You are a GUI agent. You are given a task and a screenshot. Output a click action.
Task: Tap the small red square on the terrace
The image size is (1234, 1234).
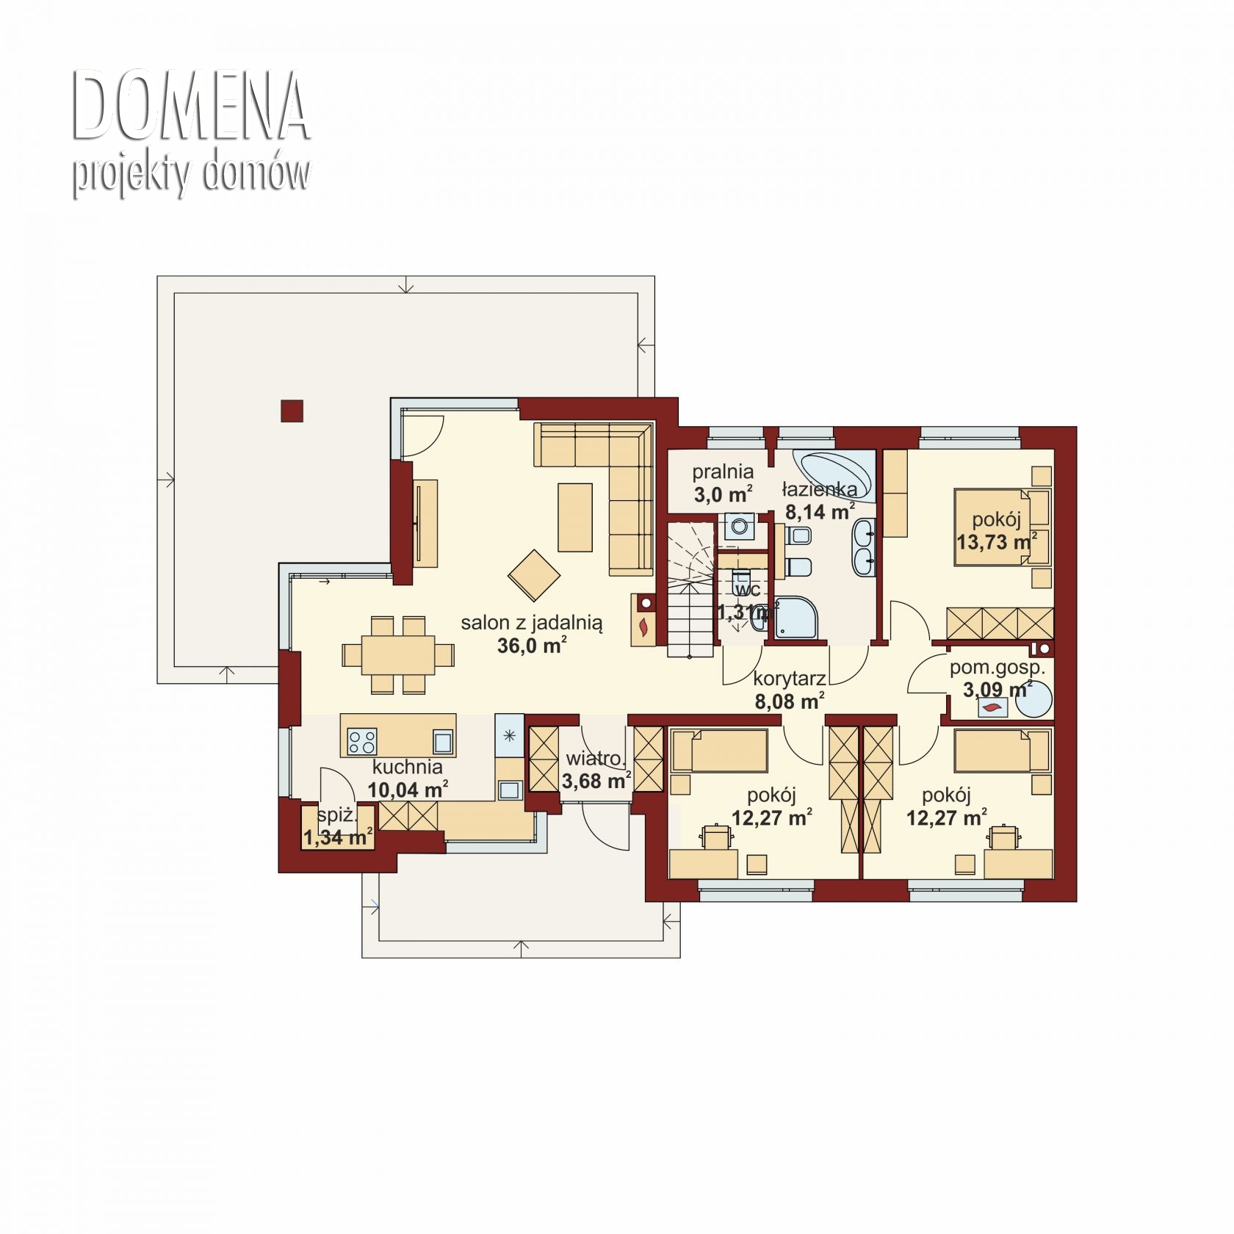[x=292, y=411]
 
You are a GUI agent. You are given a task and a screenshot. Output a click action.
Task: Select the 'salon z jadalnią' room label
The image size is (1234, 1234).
[x=532, y=623]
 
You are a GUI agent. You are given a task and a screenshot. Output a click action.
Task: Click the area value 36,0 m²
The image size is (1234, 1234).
[x=532, y=646]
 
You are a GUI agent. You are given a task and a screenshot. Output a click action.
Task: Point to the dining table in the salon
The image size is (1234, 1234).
[x=397, y=654]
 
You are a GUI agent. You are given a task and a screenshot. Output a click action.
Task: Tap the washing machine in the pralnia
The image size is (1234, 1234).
[x=737, y=527]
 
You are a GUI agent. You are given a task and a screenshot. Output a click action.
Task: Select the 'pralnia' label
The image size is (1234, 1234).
[x=723, y=472]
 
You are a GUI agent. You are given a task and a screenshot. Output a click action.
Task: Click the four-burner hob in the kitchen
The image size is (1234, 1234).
[x=361, y=741]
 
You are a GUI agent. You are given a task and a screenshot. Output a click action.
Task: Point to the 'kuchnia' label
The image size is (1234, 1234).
[x=407, y=767]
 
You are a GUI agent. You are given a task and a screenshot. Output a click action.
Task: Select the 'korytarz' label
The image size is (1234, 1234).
[x=790, y=679]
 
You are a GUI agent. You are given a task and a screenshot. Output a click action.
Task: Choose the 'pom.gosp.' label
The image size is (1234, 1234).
[x=997, y=668]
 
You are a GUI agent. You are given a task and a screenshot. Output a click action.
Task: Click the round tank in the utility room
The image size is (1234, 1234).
[x=1033, y=701]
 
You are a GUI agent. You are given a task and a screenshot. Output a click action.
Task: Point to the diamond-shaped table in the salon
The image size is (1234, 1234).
[x=534, y=574]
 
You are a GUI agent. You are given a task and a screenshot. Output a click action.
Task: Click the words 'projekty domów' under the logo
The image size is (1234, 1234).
[x=191, y=174]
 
